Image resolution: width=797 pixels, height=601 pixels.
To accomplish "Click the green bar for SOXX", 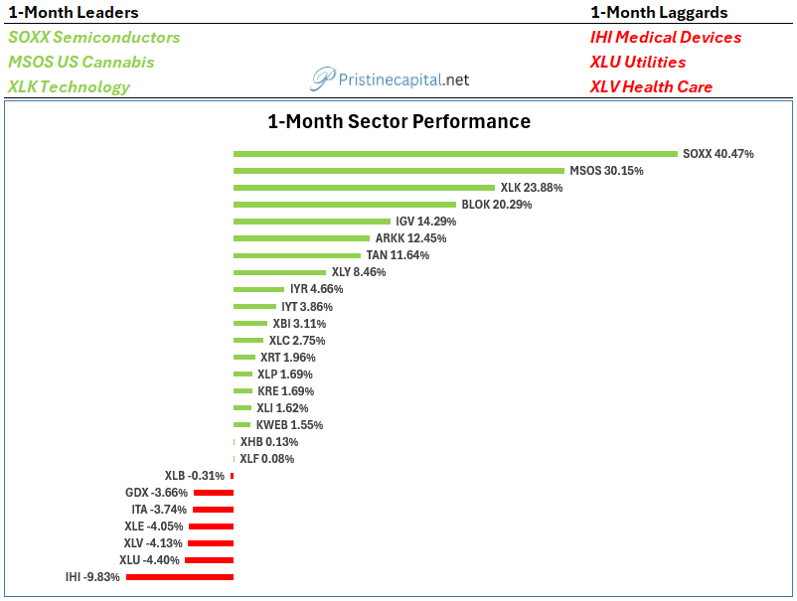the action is click(455, 153).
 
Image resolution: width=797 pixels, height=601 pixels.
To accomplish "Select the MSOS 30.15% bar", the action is click(399, 171).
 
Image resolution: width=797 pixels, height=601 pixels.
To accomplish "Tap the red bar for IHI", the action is click(180, 577).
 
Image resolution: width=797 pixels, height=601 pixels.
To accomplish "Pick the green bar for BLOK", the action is click(345, 205).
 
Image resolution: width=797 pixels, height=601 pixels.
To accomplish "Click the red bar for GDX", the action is click(214, 493).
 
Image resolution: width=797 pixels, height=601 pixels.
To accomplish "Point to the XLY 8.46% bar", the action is click(279, 272).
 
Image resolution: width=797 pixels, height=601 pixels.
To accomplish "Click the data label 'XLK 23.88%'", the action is click(532, 188).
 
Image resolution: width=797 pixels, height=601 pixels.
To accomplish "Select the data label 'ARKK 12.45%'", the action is click(410, 238).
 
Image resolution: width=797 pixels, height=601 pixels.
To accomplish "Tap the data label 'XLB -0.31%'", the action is click(194, 476).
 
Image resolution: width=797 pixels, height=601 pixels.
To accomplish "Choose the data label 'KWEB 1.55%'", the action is click(289, 425).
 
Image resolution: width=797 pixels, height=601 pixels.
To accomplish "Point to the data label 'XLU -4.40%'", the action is click(149, 560).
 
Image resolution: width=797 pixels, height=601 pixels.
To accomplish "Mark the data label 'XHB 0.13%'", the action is click(269, 441).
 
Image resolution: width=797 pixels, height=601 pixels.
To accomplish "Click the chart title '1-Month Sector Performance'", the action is click(399, 121).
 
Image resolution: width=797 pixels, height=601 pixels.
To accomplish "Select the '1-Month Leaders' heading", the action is click(74, 12).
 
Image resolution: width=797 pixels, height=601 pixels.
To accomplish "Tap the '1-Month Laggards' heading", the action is click(659, 12).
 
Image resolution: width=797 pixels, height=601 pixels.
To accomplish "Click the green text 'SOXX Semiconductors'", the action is click(94, 37).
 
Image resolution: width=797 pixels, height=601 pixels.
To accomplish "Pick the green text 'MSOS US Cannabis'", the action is click(80, 62).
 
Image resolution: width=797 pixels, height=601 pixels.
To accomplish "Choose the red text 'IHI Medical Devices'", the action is click(666, 37).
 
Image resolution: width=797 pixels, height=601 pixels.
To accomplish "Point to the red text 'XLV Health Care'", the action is click(651, 86).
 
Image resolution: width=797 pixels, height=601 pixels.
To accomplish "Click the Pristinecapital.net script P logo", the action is click(323, 78).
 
